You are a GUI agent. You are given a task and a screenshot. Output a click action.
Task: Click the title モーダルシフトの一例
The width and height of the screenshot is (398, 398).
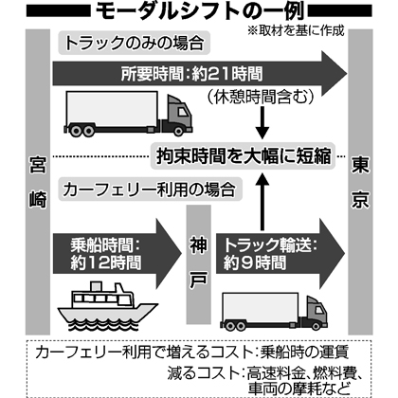[x=200, y=10]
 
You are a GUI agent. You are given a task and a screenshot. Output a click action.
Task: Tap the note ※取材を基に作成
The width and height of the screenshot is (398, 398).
[x=296, y=30]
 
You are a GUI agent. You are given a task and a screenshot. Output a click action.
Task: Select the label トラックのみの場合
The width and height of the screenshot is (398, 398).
[x=134, y=43]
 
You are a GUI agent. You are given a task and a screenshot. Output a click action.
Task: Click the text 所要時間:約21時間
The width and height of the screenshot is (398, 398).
[x=191, y=74]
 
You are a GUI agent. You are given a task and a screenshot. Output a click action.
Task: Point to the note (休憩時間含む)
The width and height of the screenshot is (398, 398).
[x=261, y=97]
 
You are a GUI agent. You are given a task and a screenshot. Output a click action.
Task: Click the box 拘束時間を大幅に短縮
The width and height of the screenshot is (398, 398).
[x=244, y=156]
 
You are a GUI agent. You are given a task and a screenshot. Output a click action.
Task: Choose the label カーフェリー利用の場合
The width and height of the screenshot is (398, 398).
[x=150, y=190]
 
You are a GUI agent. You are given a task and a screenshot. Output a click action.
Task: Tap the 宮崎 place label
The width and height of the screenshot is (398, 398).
[x=38, y=183]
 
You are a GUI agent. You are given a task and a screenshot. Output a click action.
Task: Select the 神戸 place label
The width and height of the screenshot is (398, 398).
[x=199, y=263]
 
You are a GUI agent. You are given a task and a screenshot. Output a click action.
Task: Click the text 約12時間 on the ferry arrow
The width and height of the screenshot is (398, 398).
[x=106, y=262]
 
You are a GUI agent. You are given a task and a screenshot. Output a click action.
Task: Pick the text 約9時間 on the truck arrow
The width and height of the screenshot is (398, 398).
[x=255, y=262]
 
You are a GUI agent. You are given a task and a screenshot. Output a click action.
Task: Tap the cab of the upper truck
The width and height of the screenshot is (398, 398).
[x=178, y=115]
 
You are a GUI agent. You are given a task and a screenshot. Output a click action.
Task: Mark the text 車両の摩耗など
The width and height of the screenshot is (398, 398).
[x=299, y=389]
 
